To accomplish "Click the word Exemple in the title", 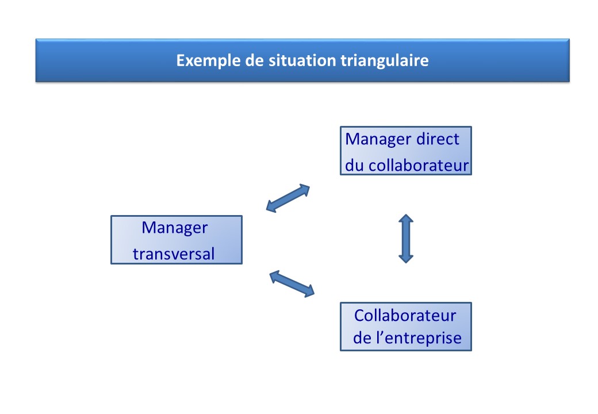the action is (208, 60).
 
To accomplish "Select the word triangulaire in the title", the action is (385, 60).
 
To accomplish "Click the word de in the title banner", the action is (254, 60).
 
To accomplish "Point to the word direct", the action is (438, 139).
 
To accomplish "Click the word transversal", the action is (174, 254).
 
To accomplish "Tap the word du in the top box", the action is (354, 166).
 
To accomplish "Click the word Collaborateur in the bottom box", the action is (405, 316).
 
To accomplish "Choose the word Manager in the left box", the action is (175, 228).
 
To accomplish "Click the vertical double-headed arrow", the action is (406, 239).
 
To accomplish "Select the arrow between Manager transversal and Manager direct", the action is (288, 198).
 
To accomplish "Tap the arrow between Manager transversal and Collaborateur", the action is (292, 283).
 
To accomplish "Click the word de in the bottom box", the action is (362, 338).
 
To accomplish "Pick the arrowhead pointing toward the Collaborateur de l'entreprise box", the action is (309, 292).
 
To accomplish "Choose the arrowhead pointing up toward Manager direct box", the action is (304, 189).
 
